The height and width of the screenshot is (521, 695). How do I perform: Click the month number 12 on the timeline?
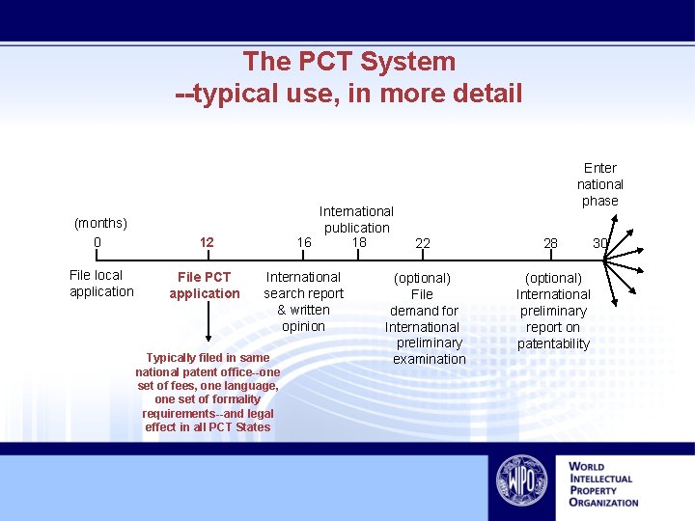(207, 242)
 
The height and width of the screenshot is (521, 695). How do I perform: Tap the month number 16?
(304, 242)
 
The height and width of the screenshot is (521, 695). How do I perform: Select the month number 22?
(423, 243)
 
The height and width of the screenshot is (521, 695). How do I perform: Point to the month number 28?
(550, 243)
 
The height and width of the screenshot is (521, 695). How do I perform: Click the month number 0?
(97, 241)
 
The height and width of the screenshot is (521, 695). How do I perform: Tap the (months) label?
(100, 224)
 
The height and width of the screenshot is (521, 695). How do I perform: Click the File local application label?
(101, 284)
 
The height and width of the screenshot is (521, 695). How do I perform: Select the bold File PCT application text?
(205, 286)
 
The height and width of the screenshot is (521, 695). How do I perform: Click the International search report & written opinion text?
(303, 301)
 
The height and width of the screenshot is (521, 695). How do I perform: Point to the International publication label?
(356, 219)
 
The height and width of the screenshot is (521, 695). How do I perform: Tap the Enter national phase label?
(600, 183)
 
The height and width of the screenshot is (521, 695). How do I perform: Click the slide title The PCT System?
(348, 62)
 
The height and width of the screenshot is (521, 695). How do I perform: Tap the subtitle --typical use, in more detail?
(348, 94)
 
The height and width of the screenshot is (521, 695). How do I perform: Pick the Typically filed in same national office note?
(208, 393)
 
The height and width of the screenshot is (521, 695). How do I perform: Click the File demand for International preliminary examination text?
(423, 318)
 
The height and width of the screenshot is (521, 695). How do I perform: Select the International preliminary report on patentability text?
(553, 311)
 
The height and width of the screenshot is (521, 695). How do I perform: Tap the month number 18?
(359, 242)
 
